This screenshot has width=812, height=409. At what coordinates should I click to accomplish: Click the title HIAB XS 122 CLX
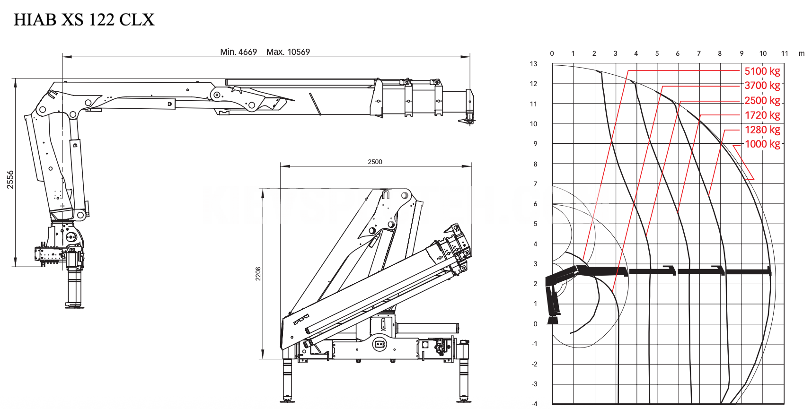tap(84, 19)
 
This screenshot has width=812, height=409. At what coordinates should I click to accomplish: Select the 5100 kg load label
tap(762, 71)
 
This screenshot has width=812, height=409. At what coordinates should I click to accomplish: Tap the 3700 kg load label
tap(762, 86)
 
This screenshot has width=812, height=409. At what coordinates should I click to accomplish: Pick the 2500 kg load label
tap(762, 100)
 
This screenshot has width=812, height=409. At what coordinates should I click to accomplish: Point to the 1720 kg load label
tap(762, 115)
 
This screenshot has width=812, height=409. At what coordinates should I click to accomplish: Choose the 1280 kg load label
tap(762, 130)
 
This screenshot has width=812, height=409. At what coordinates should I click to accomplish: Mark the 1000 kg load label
tap(762, 144)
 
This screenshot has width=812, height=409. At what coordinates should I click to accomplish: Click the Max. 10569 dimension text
tap(288, 52)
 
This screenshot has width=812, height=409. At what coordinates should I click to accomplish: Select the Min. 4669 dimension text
tap(238, 52)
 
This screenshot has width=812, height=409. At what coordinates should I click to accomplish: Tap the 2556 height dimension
tap(10, 180)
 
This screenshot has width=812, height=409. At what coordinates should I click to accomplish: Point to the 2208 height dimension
tap(258, 274)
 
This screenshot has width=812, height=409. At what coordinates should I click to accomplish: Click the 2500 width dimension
tap(375, 162)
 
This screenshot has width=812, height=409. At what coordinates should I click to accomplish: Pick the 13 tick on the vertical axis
tap(534, 64)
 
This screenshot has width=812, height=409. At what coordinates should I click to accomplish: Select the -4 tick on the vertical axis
tap(534, 404)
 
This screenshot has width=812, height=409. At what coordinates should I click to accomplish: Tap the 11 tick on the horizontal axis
tap(785, 53)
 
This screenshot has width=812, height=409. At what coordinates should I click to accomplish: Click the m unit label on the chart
tap(802, 53)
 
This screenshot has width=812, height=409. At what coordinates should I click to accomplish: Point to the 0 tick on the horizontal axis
tap(552, 53)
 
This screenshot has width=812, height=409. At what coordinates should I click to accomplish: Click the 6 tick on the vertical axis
tap(536, 204)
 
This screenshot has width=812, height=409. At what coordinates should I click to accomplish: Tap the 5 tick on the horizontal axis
tap(657, 53)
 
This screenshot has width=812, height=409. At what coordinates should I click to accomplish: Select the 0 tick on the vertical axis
tap(536, 324)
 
